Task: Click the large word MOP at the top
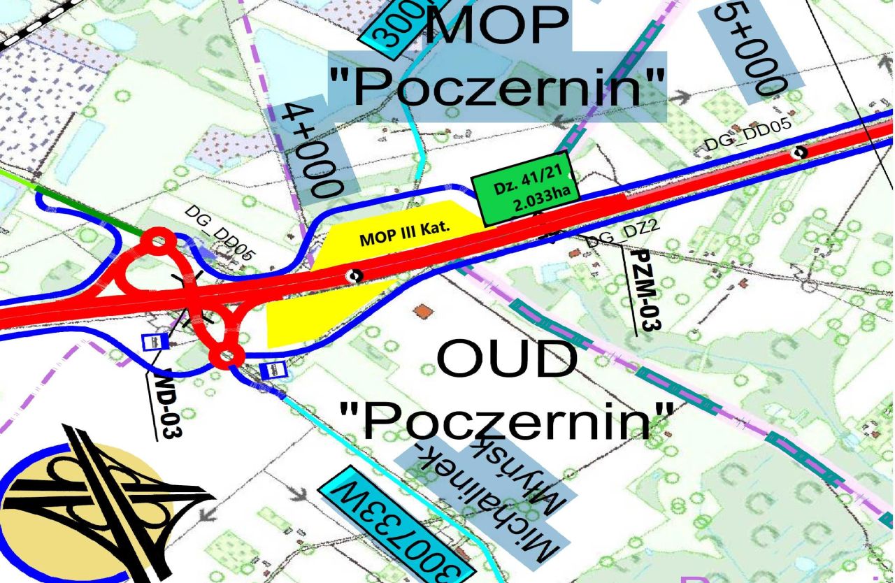(499, 24)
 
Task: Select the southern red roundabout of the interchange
(226, 357)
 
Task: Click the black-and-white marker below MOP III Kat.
(355, 275)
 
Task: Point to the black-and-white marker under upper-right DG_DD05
(799, 152)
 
